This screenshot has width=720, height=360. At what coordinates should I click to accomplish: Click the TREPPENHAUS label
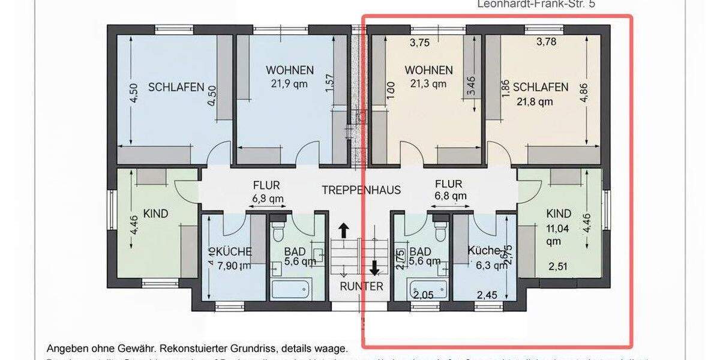coord(361,190)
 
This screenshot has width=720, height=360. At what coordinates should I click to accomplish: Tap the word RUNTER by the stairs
coord(361,286)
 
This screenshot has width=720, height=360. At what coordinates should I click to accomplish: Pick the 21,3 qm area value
coord(428,84)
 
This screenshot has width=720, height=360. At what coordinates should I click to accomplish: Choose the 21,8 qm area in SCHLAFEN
coord(535,101)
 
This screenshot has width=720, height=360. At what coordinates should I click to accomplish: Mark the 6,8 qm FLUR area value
coord(450,196)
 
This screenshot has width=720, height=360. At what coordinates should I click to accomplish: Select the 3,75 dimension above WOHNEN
coord(420,43)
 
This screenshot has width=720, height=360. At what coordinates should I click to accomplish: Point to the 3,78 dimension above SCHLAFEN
coord(547,41)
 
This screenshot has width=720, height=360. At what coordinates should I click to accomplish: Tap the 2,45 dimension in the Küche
coord(488,295)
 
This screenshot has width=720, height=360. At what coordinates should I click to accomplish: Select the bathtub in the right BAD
coord(427,289)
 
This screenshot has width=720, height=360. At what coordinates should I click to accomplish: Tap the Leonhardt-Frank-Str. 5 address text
coord(538,4)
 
